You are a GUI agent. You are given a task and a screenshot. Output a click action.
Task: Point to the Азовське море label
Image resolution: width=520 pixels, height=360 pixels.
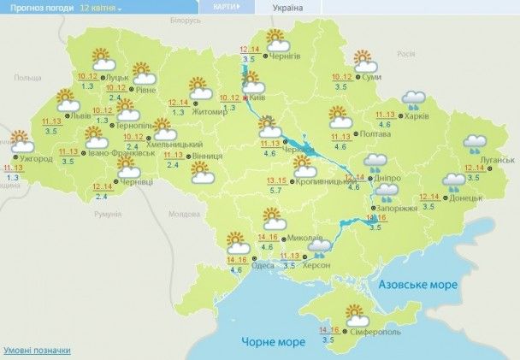click(x=417, y=284)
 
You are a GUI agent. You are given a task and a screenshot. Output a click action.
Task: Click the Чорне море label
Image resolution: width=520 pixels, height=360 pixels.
click(x=270, y=342)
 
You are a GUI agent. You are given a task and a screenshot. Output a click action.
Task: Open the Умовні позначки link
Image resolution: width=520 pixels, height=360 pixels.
click(x=37, y=351)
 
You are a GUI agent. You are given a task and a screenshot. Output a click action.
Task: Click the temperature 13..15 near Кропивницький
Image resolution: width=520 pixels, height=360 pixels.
click(x=276, y=180)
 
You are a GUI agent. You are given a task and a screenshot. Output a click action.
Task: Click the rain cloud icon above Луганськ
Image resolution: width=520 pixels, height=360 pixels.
click(x=474, y=142)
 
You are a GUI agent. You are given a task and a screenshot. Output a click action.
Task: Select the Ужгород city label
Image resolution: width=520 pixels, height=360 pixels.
click(x=38, y=159)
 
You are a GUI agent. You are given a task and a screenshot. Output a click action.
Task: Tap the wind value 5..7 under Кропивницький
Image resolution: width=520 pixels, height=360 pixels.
click(x=277, y=192)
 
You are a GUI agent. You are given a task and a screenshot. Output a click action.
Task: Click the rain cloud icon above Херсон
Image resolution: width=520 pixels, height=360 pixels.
click(x=321, y=247)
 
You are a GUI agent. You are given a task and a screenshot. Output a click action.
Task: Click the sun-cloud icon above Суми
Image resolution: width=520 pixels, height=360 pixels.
click(x=366, y=62)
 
